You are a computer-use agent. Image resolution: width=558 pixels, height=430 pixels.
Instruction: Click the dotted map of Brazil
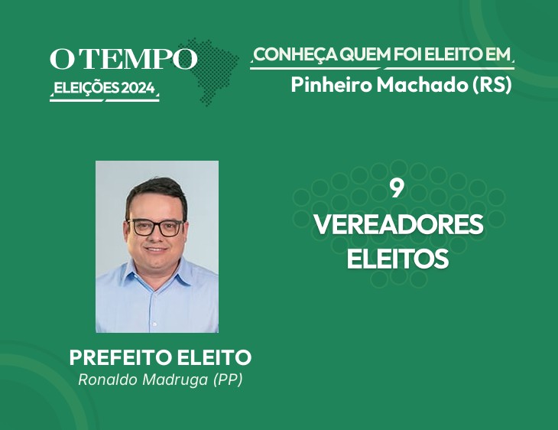point(210,71)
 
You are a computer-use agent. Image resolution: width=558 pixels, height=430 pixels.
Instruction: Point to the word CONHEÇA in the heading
point(296,54)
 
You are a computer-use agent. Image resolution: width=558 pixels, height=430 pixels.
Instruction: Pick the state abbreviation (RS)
point(491,85)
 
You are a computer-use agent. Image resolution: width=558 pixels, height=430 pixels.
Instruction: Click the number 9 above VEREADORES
point(397,189)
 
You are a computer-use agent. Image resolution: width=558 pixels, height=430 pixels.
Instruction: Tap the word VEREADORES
point(398,224)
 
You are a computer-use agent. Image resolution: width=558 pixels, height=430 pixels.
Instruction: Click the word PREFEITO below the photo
point(122,357)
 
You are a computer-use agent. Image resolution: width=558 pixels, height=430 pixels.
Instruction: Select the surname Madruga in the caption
point(175,380)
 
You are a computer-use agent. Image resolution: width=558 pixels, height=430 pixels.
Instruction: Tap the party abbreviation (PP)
point(228,380)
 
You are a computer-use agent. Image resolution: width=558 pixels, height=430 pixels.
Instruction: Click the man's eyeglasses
point(155,228)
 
